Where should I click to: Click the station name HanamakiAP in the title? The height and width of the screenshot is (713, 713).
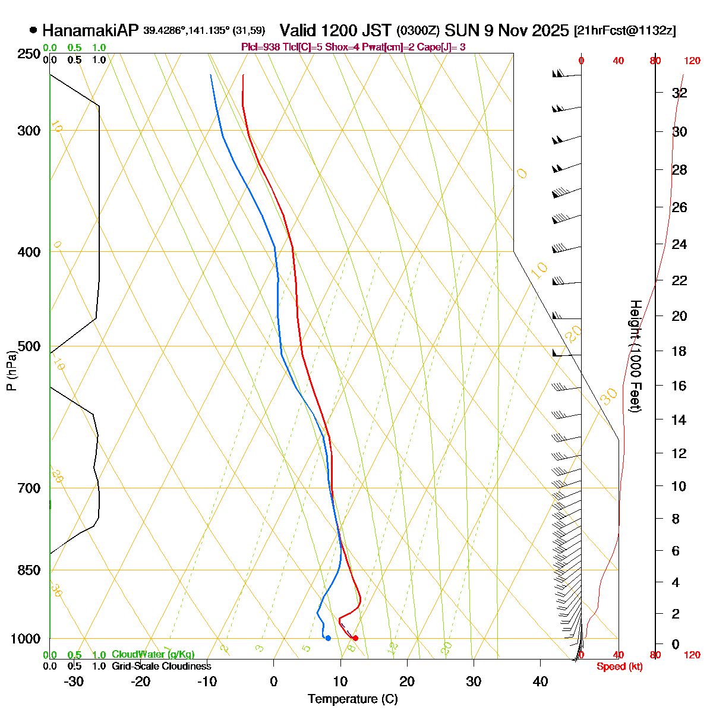point(90,30)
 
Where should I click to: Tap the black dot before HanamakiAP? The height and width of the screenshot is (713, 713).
point(33,30)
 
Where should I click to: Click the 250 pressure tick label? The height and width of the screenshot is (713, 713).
point(28,54)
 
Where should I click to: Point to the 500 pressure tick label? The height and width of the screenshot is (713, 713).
point(28,346)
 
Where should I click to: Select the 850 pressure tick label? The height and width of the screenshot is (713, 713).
point(28,570)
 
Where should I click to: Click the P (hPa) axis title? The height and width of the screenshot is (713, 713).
point(11,369)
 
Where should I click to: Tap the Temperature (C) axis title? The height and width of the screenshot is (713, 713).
point(352,699)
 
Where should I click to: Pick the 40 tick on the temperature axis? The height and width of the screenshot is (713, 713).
point(540,682)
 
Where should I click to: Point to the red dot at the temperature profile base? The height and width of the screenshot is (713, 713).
point(355,638)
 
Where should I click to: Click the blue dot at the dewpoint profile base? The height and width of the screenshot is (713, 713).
point(328,638)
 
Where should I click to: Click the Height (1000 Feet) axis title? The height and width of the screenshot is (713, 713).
point(635,356)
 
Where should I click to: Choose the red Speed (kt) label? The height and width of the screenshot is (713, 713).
point(619,667)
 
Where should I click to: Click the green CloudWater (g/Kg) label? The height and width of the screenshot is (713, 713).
point(153,655)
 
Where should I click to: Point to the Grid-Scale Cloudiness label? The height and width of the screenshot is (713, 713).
point(161,666)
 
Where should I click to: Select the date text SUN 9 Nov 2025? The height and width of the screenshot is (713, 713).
point(506,30)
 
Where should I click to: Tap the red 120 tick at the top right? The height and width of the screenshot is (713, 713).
point(692,61)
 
